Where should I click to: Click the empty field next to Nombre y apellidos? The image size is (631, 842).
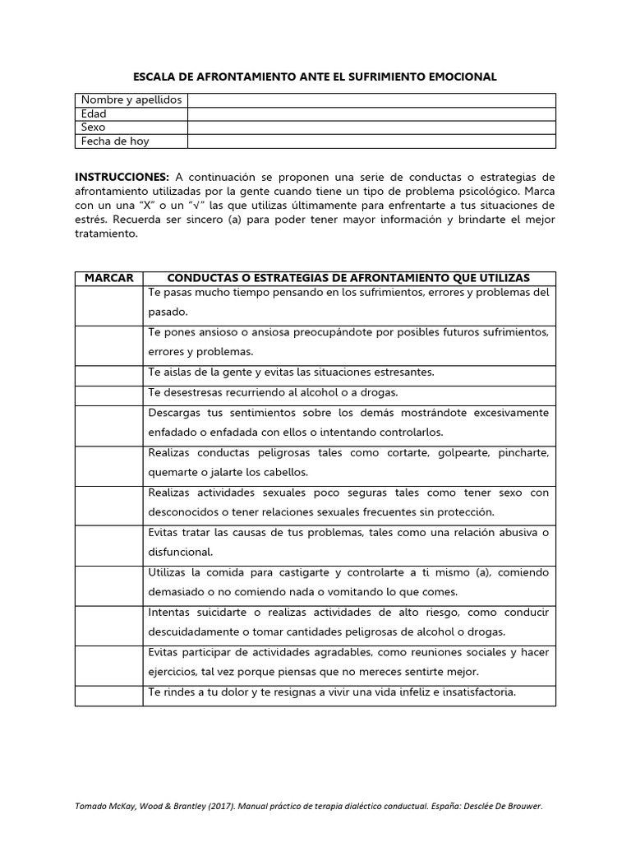click(371, 100)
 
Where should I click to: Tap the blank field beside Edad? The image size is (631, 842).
click(371, 114)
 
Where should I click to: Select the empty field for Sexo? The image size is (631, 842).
click(371, 127)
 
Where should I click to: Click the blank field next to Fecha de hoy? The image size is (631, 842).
click(371, 141)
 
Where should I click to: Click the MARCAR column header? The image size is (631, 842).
click(108, 278)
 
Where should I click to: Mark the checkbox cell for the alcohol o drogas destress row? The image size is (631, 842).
click(108, 392)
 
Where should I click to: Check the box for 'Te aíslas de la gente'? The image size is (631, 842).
click(108, 372)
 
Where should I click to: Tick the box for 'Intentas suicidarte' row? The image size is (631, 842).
click(108, 622)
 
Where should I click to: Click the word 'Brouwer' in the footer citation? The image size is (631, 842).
click(523, 807)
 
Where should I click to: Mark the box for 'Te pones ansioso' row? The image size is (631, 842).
click(108, 342)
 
